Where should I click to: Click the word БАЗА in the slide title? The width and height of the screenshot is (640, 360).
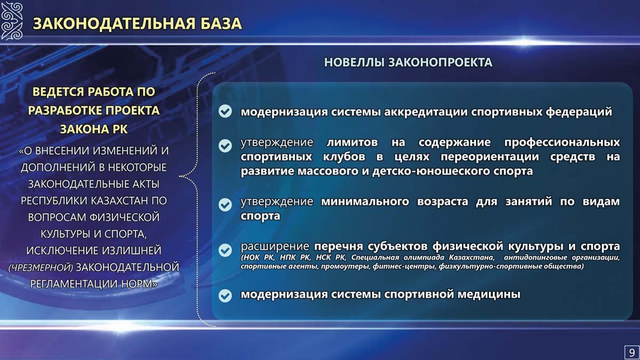tap(221, 23)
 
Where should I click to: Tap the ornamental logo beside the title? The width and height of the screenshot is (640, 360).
tap(12, 21)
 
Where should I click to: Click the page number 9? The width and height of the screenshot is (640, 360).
tap(631, 353)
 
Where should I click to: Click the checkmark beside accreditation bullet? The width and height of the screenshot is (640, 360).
tap(225, 111)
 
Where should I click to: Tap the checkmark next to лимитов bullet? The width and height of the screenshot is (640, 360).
tap(225, 146)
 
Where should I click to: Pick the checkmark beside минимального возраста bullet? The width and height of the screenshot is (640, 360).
tap(225, 205)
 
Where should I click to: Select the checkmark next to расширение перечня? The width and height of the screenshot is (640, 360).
tap(225, 250)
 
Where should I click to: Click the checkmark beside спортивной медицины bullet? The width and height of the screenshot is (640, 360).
tap(225, 295)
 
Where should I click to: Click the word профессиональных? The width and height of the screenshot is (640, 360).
tap(562, 142)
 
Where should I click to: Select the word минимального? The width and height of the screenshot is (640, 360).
tap(365, 202)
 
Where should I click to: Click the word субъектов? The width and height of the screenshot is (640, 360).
tap(398, 246)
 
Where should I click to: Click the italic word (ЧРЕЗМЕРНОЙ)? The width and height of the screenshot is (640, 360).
tap(41, 267)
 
